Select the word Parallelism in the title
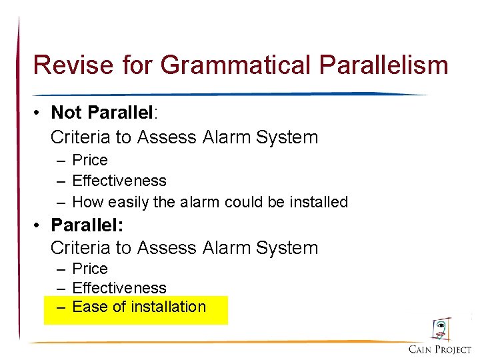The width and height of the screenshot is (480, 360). [384, 65]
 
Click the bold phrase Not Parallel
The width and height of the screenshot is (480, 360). [102, 113]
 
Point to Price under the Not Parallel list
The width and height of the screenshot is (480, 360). [89, 160]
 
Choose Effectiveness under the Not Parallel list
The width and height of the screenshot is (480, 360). [119, 181]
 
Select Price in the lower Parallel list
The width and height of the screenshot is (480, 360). [89, 268]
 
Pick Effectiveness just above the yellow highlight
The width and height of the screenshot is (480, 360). [119, 288]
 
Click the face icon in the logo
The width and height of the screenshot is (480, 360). [440, 329]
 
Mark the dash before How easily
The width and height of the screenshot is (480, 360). [61, 202]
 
